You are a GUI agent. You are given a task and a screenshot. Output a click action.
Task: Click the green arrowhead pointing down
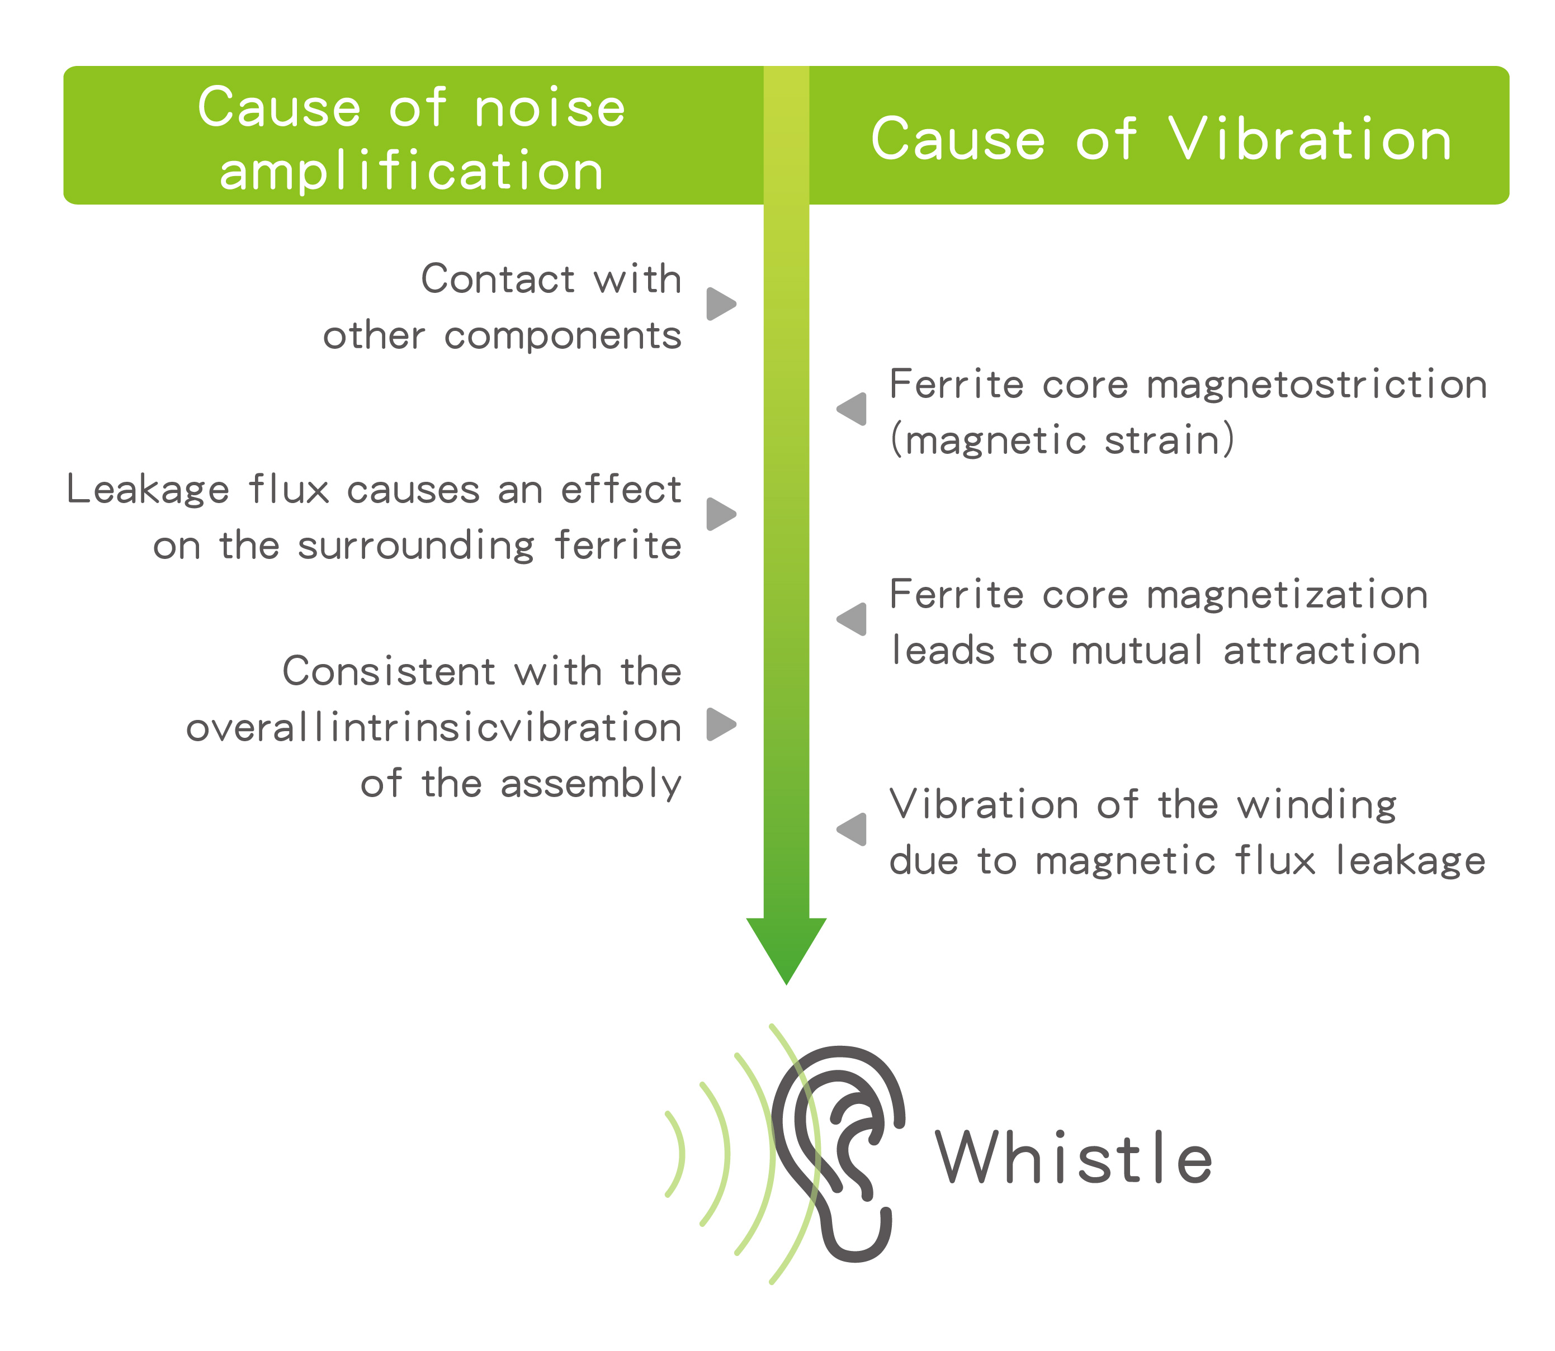pyautogui.click(x=786, y=946)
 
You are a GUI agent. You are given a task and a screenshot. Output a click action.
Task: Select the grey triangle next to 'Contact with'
pyautogui.click(x=720, y=304)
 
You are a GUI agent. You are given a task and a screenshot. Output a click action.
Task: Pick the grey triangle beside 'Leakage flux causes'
pyautogui.click(x=720, y=514)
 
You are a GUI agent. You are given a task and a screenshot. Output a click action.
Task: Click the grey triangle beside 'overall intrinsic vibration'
pyautogui.click(x=720, y=724)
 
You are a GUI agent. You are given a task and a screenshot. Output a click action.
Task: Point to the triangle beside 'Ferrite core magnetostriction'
pyautogui.click(x=853, y=409)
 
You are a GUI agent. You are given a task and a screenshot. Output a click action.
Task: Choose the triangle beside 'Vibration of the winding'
pyautogui.click(x=853, y=830)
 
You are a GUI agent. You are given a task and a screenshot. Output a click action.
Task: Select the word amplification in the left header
pyautogui.click(x=412, y=171)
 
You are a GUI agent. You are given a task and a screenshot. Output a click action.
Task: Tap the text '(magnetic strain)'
pyautogui.click(x=1062, y=440)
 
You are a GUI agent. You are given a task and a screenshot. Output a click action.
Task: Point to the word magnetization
pyautogui.click(x=1287, y=595)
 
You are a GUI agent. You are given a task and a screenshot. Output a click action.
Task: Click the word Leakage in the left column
pyautogui.click(x=148, y=490)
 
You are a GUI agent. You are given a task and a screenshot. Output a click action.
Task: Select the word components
pyautogui.click(x=563, y=336)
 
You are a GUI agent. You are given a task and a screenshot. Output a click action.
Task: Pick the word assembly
pyautogui.click(x=591, y=784)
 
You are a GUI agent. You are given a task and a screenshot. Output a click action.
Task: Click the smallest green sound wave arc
pyautogui.click(x=677, y=1154)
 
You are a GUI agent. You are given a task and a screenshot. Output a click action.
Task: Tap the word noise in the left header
pyautogui.click(x=550, y=108)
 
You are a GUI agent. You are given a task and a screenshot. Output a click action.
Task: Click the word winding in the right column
pyautogui.click(x=1317, y=805)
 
